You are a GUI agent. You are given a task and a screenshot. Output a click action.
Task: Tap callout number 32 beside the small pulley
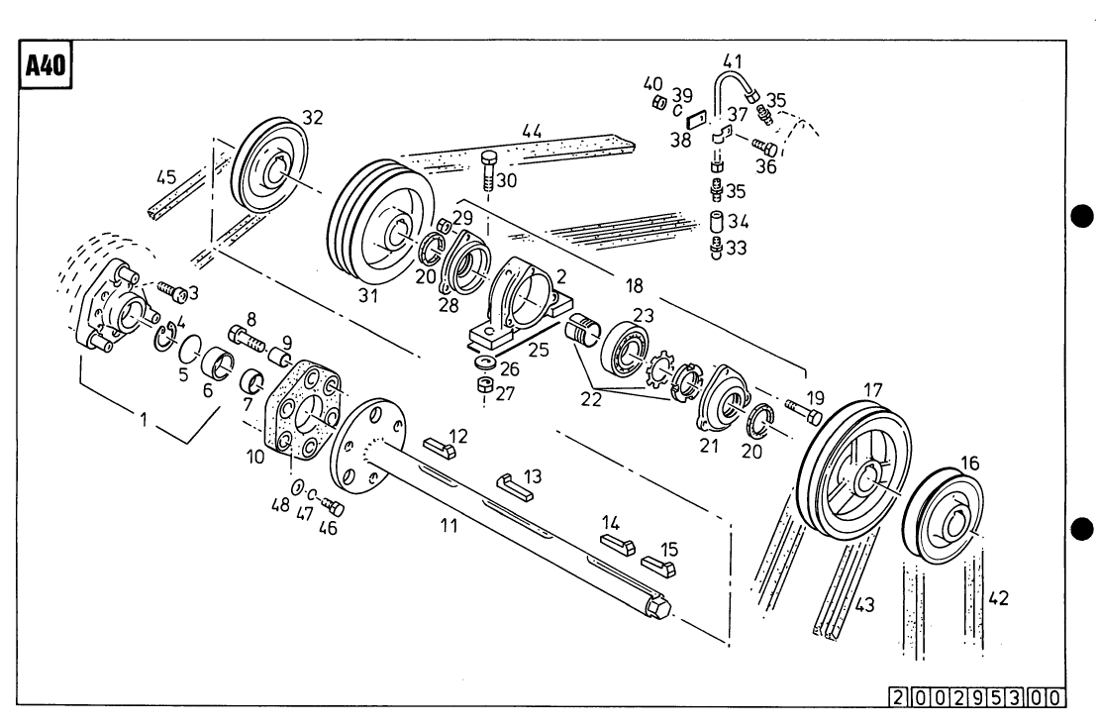click(312, 117)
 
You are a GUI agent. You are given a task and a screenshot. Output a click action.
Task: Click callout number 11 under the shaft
click(449, 526)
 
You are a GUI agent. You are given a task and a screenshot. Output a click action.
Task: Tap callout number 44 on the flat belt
click(532, 131)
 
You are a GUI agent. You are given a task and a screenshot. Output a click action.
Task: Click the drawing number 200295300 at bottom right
click(976, 696)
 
